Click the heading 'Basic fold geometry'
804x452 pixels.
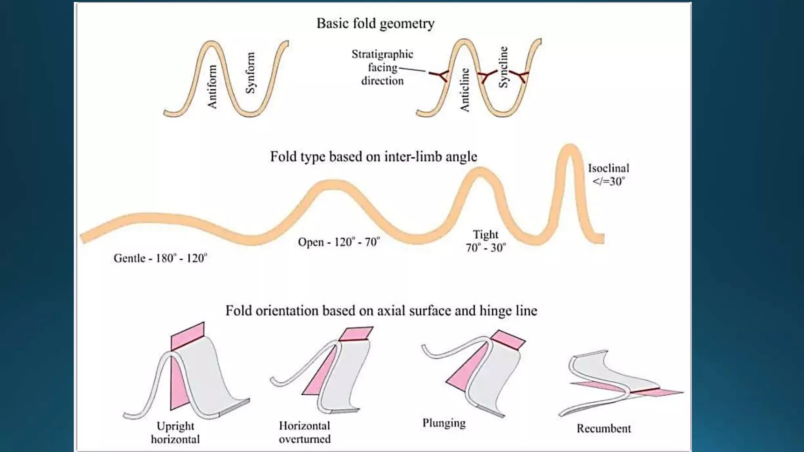375,24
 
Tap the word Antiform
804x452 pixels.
212,87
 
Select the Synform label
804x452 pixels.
250,73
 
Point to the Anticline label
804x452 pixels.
464,90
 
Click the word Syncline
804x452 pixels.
503,67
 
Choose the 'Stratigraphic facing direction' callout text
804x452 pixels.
382,67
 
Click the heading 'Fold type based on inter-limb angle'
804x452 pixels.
373,157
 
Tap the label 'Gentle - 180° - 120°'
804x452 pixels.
160,258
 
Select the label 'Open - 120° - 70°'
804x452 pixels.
339,242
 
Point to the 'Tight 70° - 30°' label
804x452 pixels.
486,241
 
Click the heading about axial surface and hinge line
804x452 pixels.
381,311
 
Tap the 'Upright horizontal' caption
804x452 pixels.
175,432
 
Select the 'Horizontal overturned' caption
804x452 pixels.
305,432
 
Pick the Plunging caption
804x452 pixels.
444,423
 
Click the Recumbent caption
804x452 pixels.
603,428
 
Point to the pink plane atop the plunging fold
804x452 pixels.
508,339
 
